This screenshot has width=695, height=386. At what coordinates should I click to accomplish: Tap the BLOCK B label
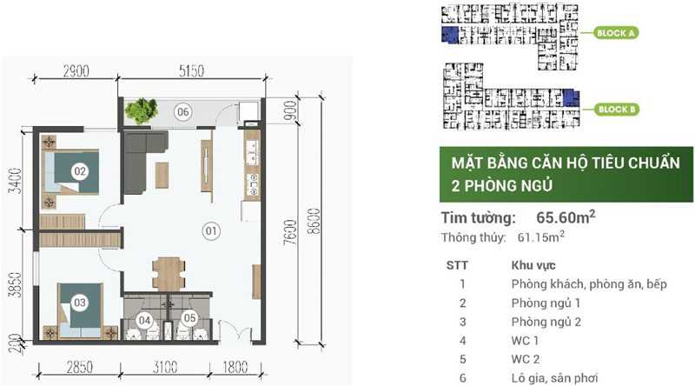[x=616, y=109]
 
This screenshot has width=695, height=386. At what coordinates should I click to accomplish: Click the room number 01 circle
[x=210, y=230]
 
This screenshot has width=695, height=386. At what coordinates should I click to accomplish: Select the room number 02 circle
[x=80, y=171]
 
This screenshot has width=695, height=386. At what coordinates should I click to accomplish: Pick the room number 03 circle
[x=80, y=303]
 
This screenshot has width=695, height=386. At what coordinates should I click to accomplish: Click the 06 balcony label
[x=182, y=110]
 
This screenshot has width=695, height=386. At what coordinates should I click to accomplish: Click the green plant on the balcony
[x=139, y=110]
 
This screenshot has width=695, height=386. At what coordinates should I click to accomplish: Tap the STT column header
[x=462, y=264]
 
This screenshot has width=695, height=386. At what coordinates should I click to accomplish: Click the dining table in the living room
[x=167, y=272]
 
